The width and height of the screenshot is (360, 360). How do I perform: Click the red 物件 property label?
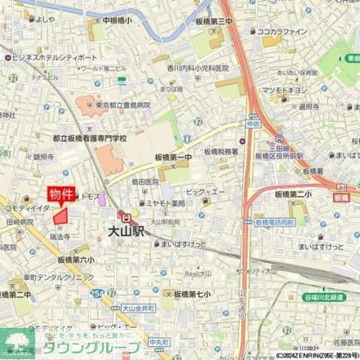click(61, 193)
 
